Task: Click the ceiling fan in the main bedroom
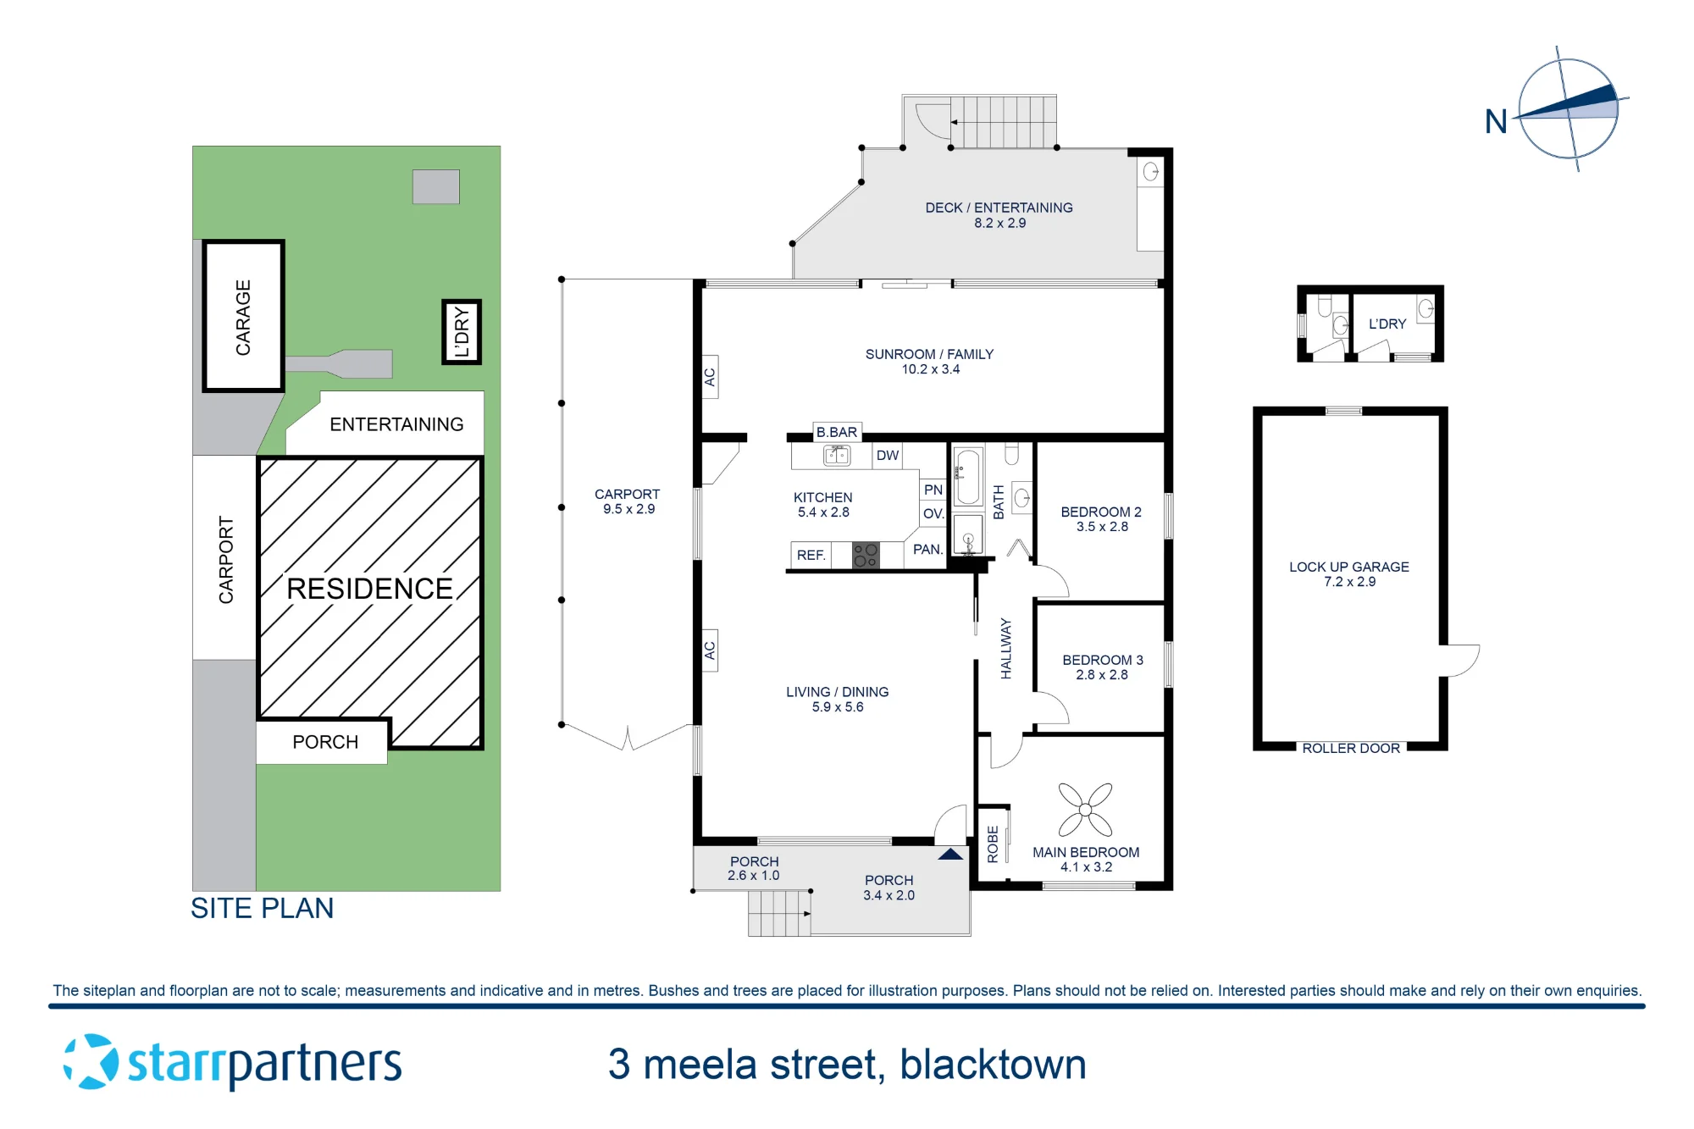click(x=1085, y=810)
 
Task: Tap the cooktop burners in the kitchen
click(x=866, y=556)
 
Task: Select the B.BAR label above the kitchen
click(x=837, y=432)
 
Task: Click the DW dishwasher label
click(x=888, y=456)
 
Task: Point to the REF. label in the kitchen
click(x=811, y=556)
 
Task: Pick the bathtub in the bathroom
click(x=968, y=477)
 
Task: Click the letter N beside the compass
click(x=1496, y=122)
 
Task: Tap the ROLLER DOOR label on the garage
click(x=1351, y=749)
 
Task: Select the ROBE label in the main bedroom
click(x=993, y=844)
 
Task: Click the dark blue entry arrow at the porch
click(x=950, y=854)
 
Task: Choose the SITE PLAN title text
click(x=262, y=908)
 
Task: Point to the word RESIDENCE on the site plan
click(x=369, y=589)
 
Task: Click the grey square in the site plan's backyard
click(x=436, y=186)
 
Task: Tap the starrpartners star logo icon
click(x=91, y=1061)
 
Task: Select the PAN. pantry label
click(x=928, y=550)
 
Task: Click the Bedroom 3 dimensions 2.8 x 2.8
click(x=1102, y=675)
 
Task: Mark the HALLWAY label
click(x=1006, y=648)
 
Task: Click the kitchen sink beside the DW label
click(x=837, y=456)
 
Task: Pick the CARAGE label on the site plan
click(x=243, y=318)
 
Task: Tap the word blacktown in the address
click(x=993, y=1065)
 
